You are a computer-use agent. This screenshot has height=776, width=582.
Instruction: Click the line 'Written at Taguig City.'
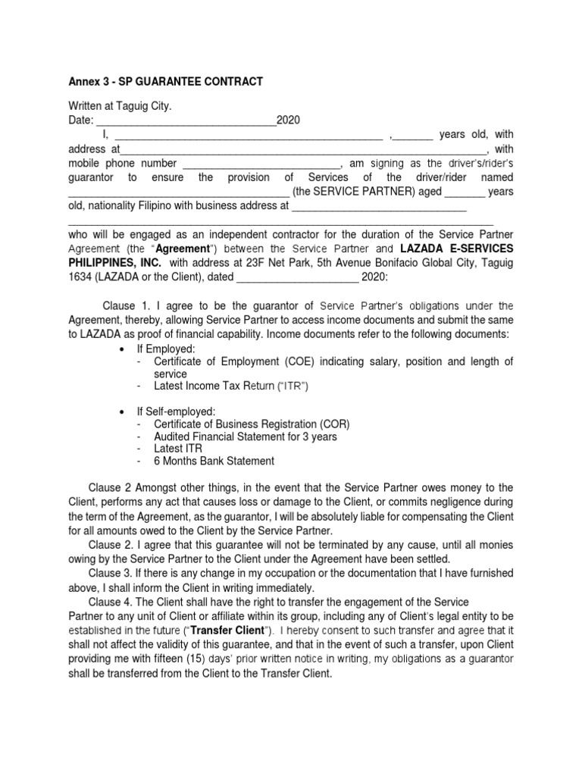pos(120,108)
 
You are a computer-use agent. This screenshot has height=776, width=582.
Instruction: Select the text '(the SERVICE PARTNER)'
pos(346,192)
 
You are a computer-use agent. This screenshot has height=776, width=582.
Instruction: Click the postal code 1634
pos(80,277)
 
